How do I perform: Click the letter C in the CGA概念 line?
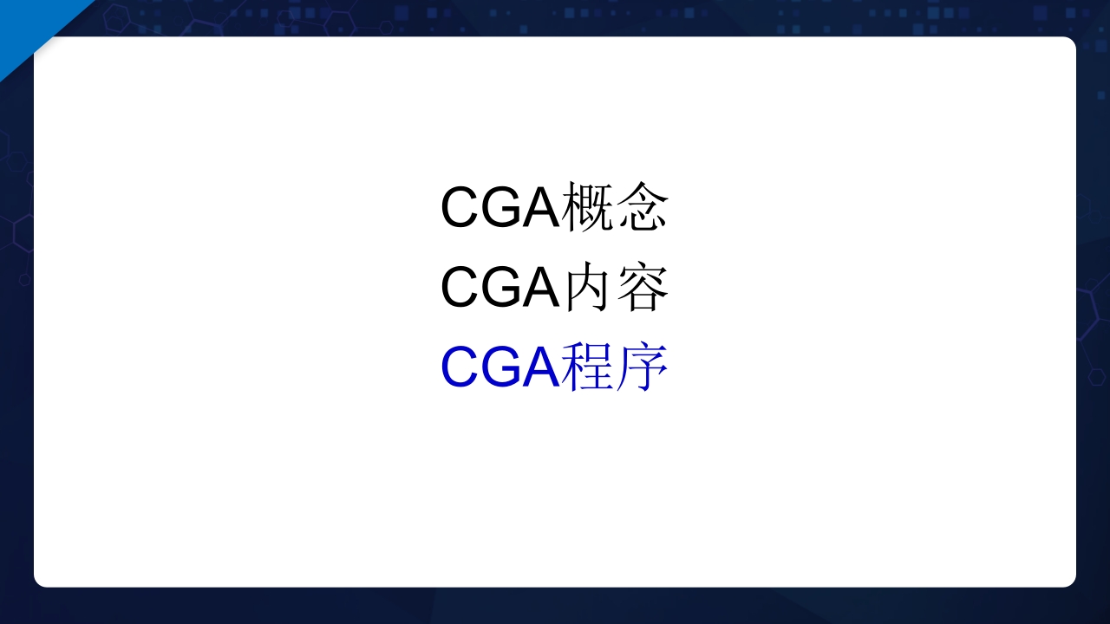click(x=460, y=208)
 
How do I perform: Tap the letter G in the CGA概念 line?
click(x=500, y=208)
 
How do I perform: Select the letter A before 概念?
click(x=540, y=208)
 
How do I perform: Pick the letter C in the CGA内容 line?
click(x=460, y=288)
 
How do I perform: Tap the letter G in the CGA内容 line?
click(x=500, y=288)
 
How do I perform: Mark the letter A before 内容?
click(x=540, y=288)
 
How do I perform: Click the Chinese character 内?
click(x=588, y=288)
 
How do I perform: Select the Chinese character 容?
click(x=643, y=288)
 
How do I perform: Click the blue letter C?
click(x=460, y=367)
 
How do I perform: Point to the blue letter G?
click(x=500, y=367)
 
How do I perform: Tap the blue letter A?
click(x=540, y=367)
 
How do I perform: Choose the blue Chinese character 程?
click(x=588, y=367)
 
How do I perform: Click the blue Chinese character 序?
click(x=643, y=367)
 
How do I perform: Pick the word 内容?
click(x=616, y=288)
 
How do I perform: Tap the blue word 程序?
click(x=616, y=367)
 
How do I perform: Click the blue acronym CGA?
click(x=500, y=367)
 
